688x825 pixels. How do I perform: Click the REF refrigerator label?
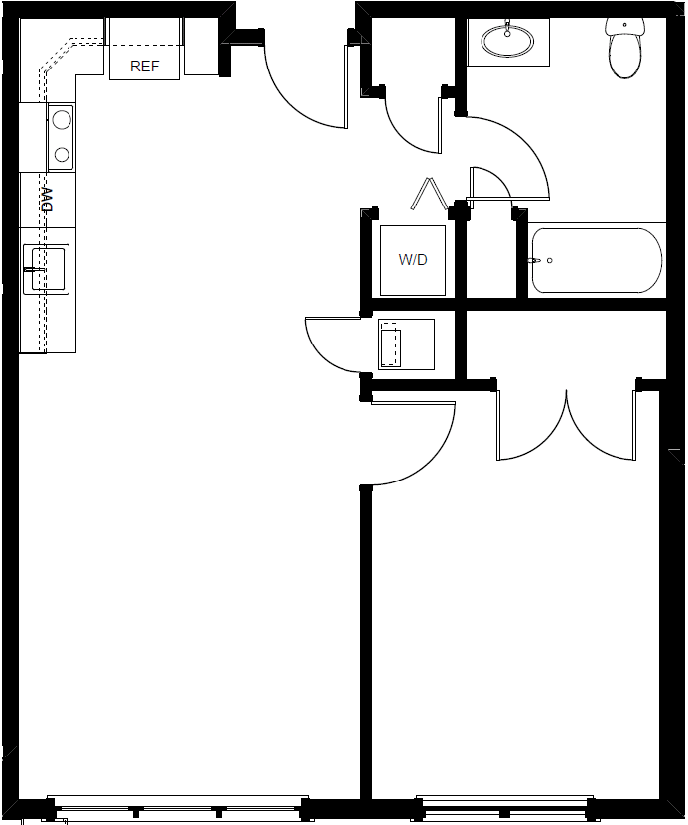pos(145,67)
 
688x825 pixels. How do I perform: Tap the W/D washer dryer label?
pos(413,260)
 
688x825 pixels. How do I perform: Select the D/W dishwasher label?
pos(48,200)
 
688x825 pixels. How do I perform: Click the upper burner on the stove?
pos(62,119)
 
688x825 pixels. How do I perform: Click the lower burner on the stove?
pos(62,155)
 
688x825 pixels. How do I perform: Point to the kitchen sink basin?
pos(48,269)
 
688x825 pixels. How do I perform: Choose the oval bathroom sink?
pos(507,40)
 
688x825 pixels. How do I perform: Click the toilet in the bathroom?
pos(624,49)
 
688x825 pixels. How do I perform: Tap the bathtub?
pos(597,260)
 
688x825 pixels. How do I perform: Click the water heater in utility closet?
pos(407,344)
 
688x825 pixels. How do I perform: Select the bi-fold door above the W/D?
pos(430,194)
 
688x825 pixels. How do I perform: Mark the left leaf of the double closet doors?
pos(532,425)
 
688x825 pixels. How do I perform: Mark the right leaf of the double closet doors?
pos(602,425)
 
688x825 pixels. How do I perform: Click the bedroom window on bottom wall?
pos(504,810)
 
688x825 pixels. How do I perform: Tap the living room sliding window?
pos(178,810)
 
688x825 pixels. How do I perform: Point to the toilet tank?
pos(624,26)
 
